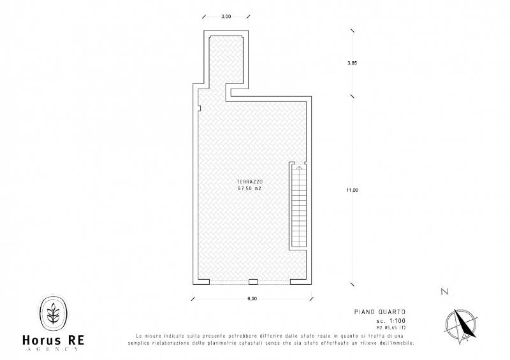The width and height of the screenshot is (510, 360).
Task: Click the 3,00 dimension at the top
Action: (226, 17)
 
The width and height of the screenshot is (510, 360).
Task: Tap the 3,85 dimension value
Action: (352, 63)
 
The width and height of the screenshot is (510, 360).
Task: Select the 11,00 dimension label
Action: (352, 191)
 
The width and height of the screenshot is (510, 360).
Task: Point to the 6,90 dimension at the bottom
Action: (252, 299)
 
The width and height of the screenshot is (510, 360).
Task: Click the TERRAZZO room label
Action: (249, 182)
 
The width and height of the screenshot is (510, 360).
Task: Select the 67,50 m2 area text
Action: (249, 189)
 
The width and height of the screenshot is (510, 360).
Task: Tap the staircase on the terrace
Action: (299, 206)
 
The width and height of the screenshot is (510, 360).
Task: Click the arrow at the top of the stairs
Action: (299, 168)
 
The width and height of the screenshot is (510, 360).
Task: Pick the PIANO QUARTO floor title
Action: (380, 312)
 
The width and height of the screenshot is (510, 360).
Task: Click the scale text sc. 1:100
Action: (391, 321)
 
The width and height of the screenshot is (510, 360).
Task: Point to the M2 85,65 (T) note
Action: (391, 328)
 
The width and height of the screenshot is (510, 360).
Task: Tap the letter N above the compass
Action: (444, 291)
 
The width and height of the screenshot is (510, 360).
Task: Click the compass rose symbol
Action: (461, 326)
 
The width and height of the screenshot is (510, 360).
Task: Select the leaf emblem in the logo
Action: (54, 313)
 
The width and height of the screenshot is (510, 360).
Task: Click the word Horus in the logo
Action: (41, 340)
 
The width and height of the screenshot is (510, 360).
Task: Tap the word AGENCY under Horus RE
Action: (52, 349)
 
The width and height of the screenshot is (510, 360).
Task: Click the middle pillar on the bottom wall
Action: (253, 282)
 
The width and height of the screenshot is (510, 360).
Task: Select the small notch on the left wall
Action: (200, 108)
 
